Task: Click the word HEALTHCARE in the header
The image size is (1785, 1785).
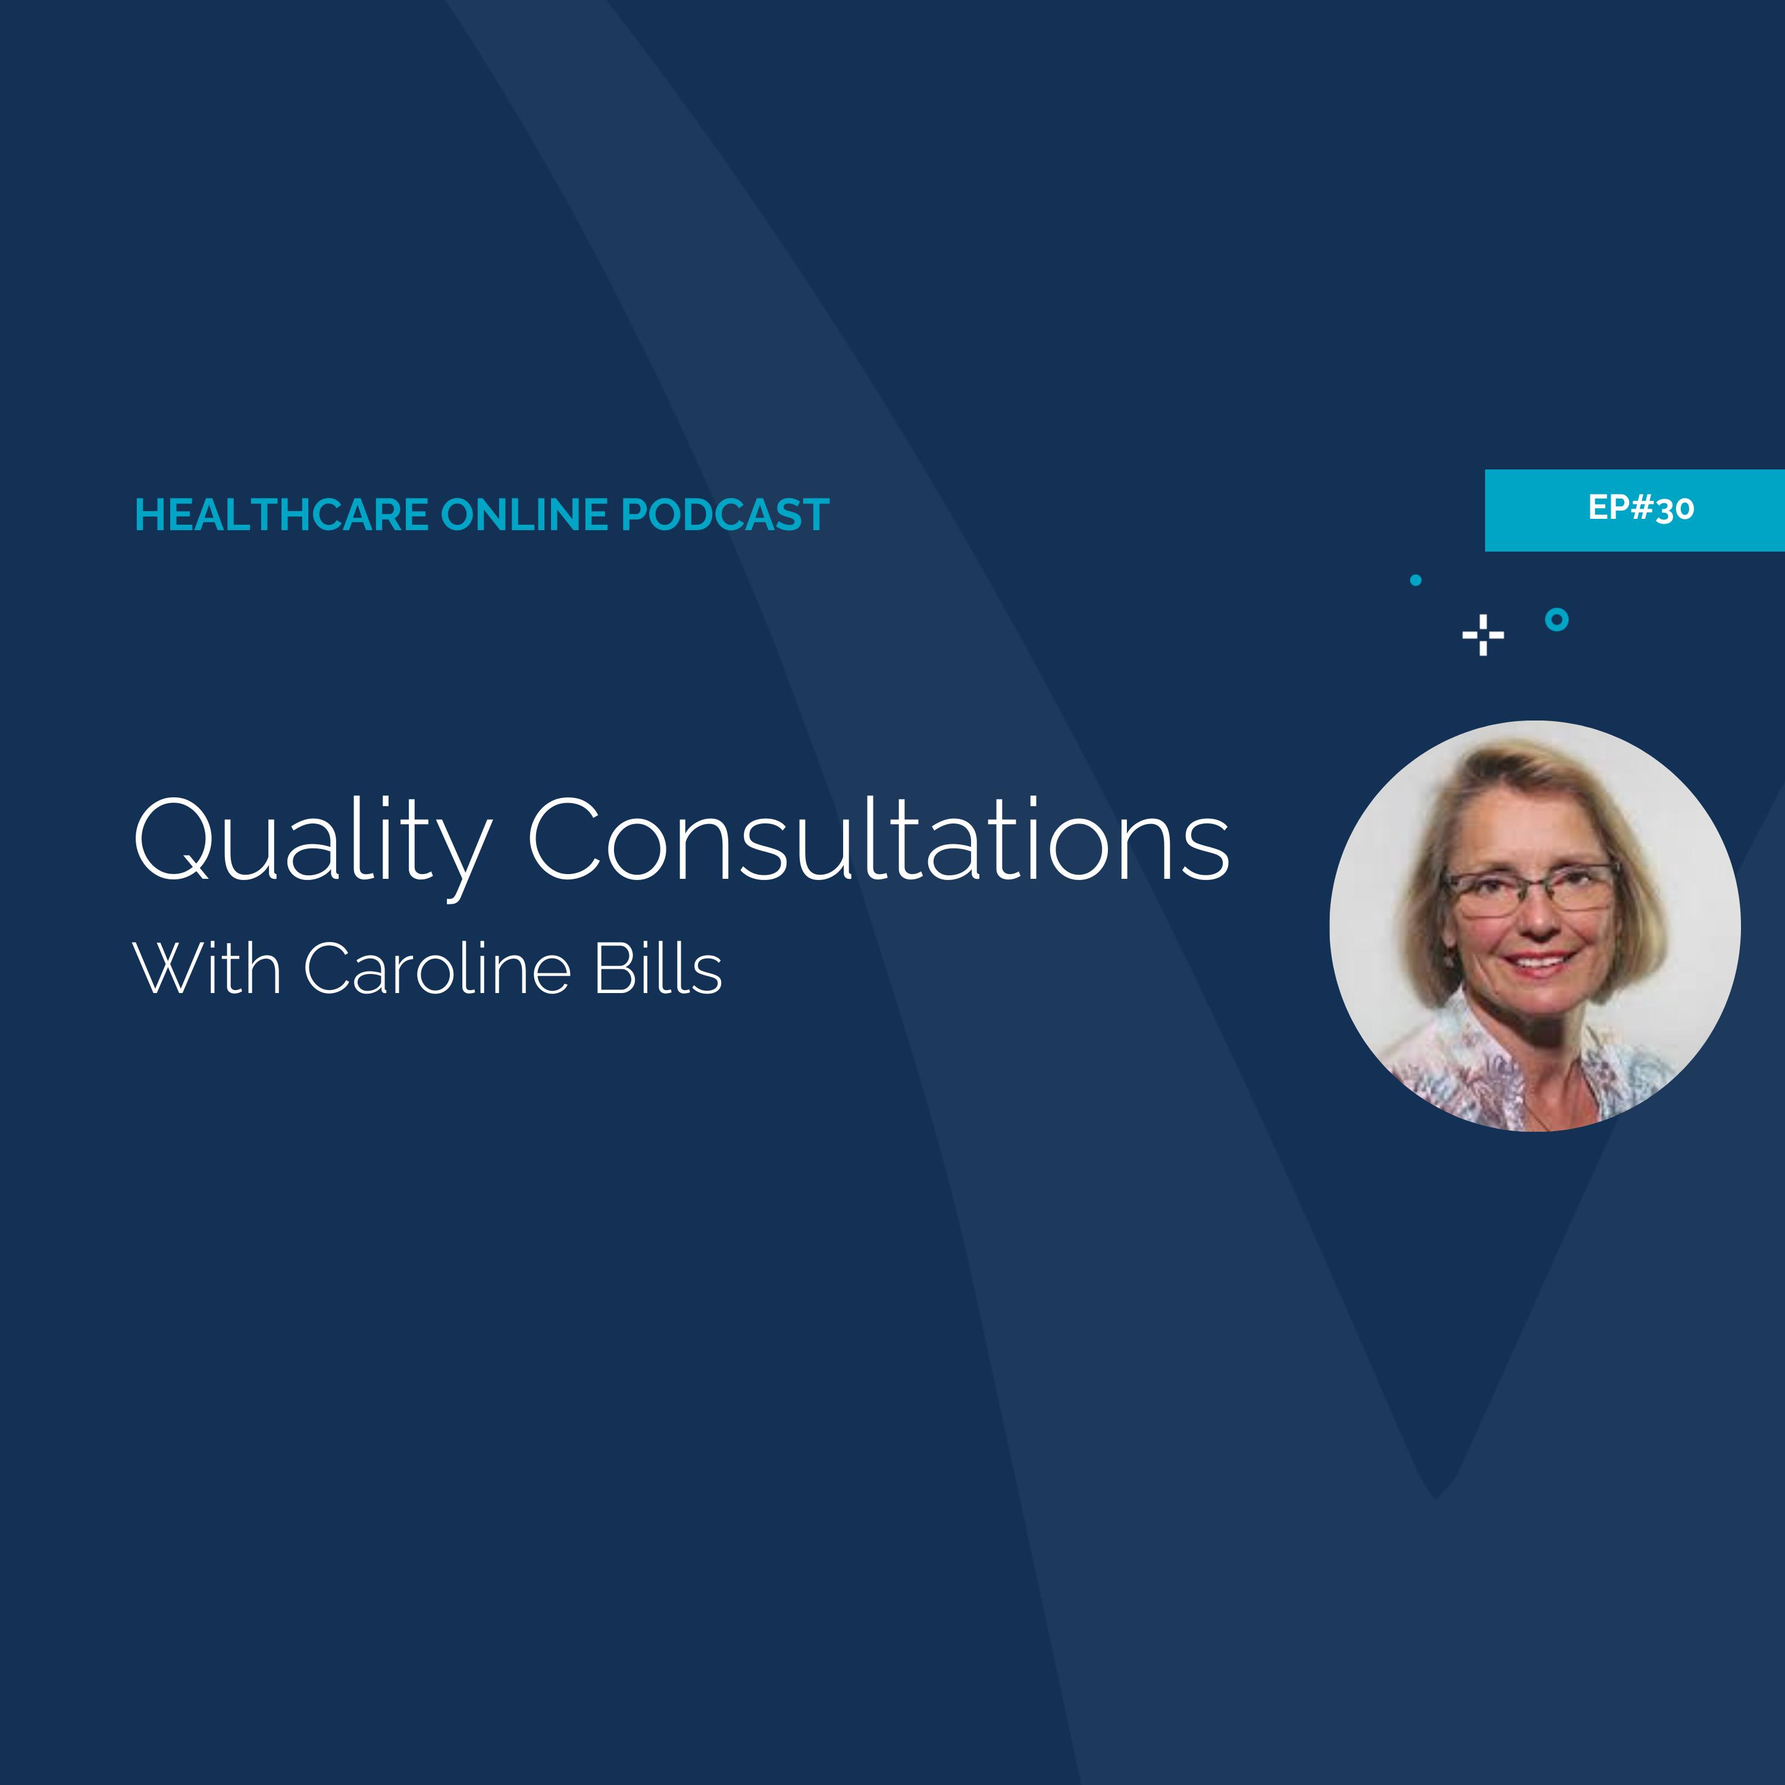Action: [x=282, y=515]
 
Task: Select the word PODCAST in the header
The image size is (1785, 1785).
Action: [x=725, y=515]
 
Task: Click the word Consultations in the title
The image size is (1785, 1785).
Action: [x=878, y=841]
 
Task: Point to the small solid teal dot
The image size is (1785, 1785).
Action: [x=1416, y=580]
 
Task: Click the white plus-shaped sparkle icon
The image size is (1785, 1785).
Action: [x=1483, y=635]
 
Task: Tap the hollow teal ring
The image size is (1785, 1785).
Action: [x=1557, y=619]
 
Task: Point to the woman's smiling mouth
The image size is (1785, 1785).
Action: [x=1538, y=963]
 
